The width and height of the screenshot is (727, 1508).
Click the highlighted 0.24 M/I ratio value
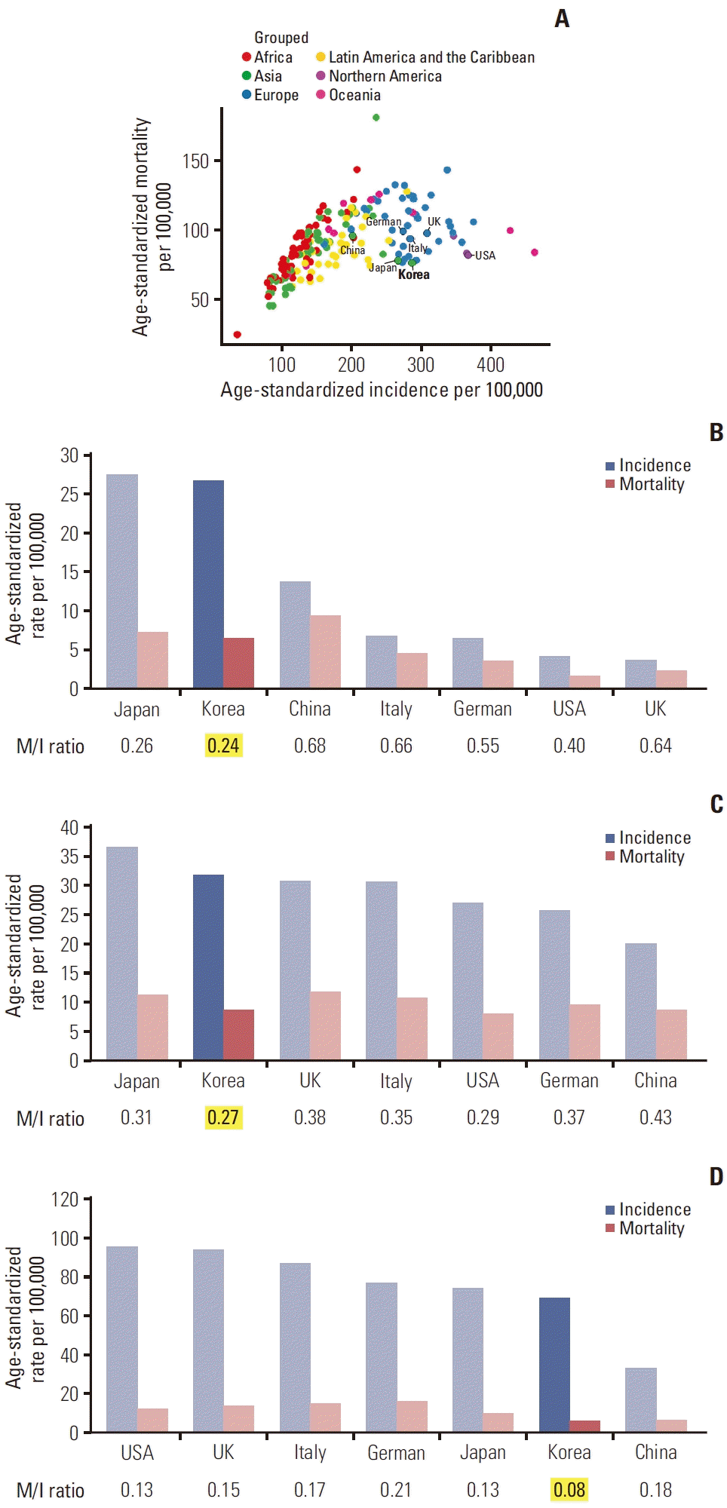pyautogui.click(x=223, y=746)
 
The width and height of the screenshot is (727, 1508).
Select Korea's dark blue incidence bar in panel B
pyautogui.click(x=208, y=584)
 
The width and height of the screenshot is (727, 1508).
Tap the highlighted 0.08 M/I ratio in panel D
pyautogui.click(x=569, y=1490)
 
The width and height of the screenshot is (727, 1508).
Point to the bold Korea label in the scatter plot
pyautogui.click(x=414, y=275)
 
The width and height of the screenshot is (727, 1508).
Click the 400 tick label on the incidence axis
pyautogui.click(x=490, y=365)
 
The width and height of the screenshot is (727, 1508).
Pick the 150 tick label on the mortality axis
pyautogui.click(x=195, y=161)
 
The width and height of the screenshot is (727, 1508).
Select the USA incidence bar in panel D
pyautogui.click(x=122, y=1339)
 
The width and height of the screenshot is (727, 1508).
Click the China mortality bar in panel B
pyautogui.click(x=325, y=651)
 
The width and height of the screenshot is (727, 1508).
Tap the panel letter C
pyautogui.click(x=716, y=805)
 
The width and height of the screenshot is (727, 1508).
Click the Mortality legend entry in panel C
pyautogui.click(x=651, y=857)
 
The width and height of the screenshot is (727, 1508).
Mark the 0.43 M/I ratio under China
pyautogui.click(x=655, y=1117)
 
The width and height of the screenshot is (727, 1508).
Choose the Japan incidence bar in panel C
pyautogui.click(x=122, y=953)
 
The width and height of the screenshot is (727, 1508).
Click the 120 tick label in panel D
pyautogui.click(x=65, y=1200)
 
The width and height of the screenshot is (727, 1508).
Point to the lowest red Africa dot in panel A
pyautogui.click(x=238, y=334)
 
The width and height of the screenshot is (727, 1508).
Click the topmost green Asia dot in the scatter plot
pyautogui.click(x=376, y=118)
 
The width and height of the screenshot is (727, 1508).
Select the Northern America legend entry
pyautogui.click(x=385, y=76)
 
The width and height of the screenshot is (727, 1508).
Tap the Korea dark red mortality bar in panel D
pyautogui.click(x=585, y=1426)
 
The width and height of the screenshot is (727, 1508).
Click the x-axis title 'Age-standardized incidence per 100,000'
pyautogui.click(x=382, y=390)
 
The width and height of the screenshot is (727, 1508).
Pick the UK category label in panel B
pyautogui.click(x=655, y=709)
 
